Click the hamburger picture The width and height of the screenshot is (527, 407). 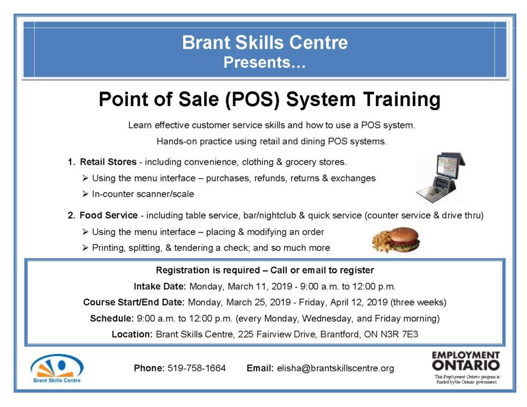coord(396,240)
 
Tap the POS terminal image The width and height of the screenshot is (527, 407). coord(441,178)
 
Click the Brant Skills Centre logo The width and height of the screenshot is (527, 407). coord(57,368)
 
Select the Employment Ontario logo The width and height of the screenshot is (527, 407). coord(466,367)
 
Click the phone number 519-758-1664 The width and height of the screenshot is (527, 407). coord(197,368)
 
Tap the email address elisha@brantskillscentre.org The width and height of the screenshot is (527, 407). coord(336,368)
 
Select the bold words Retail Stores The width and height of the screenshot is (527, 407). coord(108,162)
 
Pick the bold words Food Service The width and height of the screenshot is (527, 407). coord(109,215)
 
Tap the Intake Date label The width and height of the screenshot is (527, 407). coord(160,287)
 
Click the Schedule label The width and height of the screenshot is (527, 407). coord(112,318)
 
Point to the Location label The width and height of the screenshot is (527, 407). coord(132,334)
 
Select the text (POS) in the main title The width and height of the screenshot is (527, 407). coord(252,100)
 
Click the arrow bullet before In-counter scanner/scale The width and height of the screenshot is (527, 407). coord(85,194)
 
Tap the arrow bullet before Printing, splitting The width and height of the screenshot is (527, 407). coord(85,247)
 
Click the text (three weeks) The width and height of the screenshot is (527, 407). coord(418,303)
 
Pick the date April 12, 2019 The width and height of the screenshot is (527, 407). coord(359,303)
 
